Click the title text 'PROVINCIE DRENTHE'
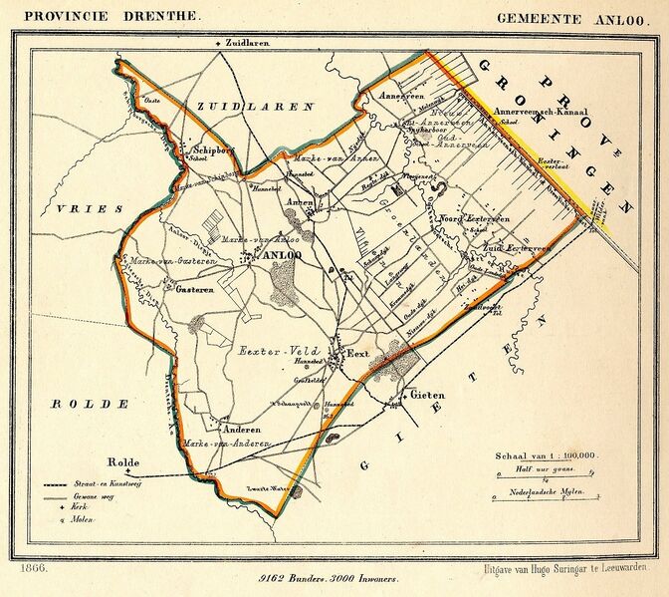tap(105, 17)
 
